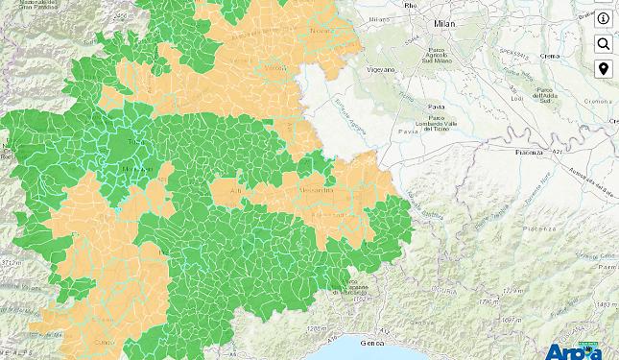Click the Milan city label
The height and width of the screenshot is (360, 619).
[x=444, y=22]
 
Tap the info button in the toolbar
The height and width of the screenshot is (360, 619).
[x=604, y=19]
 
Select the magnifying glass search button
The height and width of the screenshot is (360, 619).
[x=604, y=44]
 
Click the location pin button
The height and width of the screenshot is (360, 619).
[x=604, y=69]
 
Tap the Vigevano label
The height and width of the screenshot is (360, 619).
[x=382, y=71]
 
